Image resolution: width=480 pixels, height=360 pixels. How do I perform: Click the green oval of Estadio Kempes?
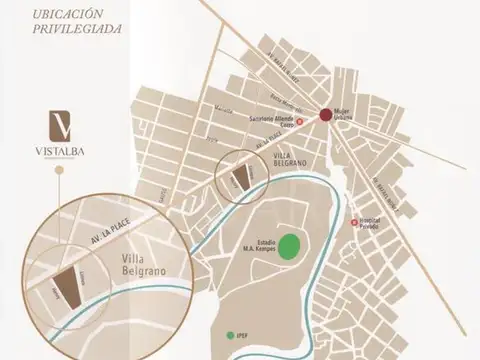point(291,244)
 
